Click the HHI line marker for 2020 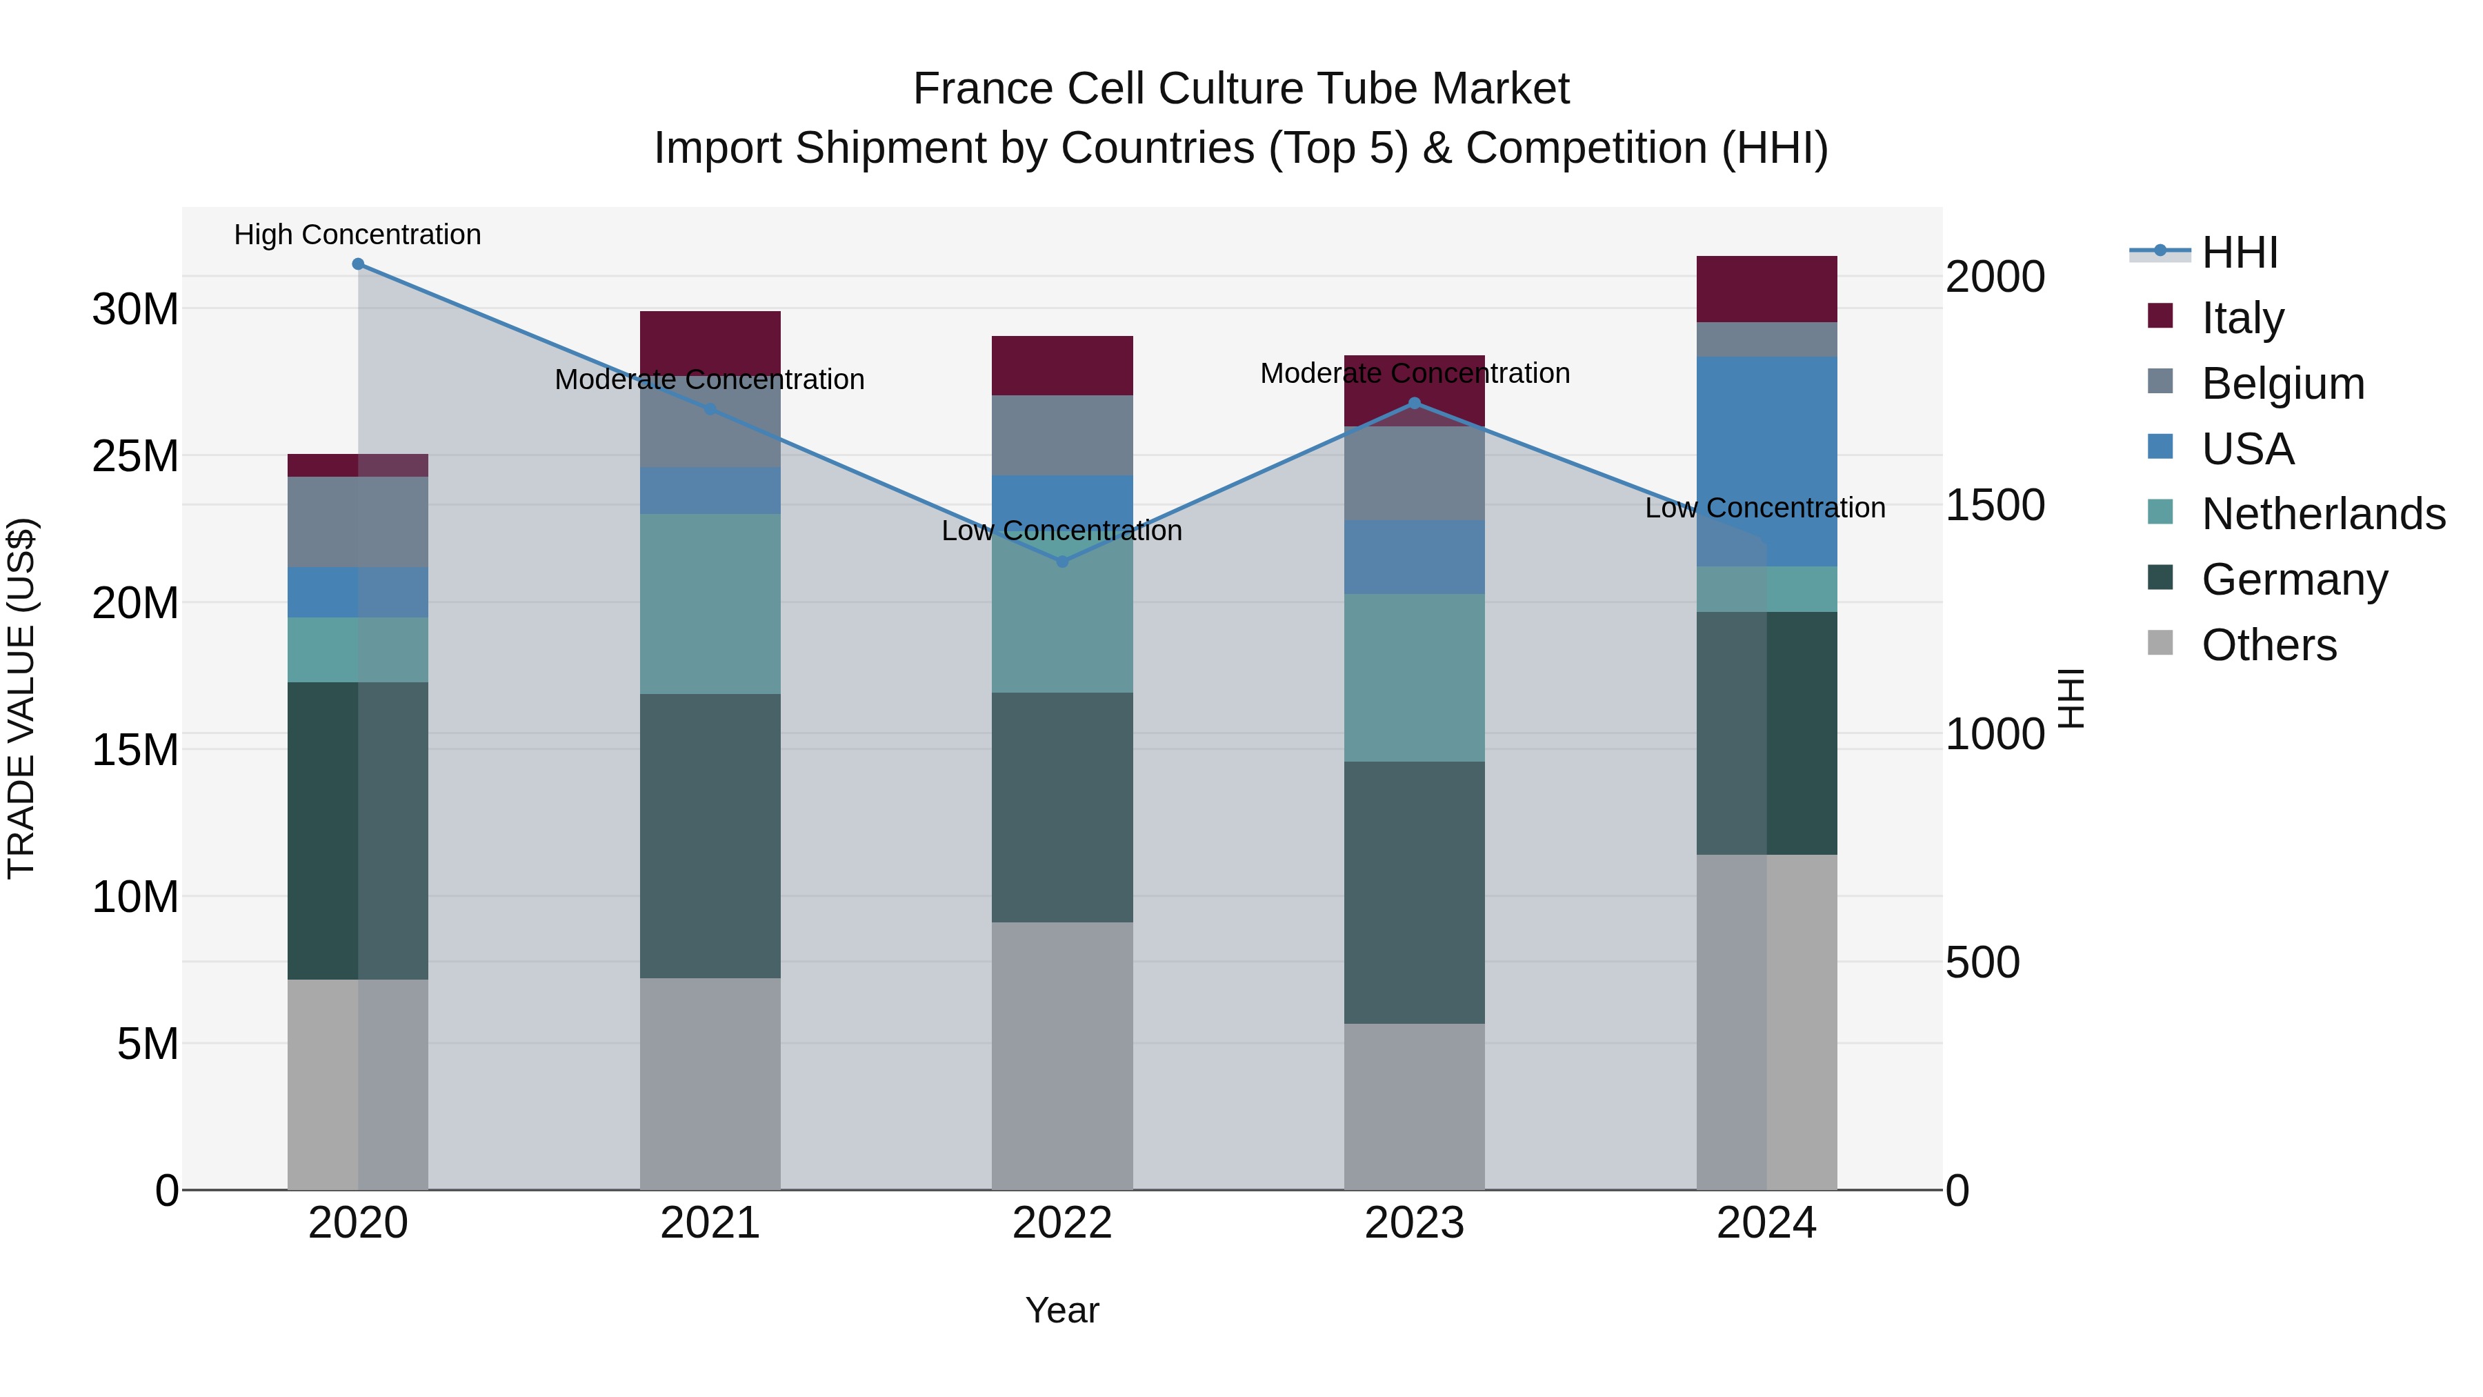coord(357,264)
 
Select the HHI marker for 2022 coord(1062,561)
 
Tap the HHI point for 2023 coord(1414,403)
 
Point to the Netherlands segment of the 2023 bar coord(1414,677)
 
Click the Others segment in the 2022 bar coord(1062,1055)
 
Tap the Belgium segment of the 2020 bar coord(357,522)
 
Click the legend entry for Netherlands coord(2323,514)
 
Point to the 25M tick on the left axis coord(135,456)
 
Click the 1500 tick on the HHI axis coord(1994,505)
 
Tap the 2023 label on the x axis coord(1414,1223)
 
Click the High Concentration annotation coord(357,235)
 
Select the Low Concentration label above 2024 coord(1765,507)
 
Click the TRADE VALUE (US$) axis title coord(21,698)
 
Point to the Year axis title coord(1062,1310)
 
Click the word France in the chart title coord(982,89)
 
